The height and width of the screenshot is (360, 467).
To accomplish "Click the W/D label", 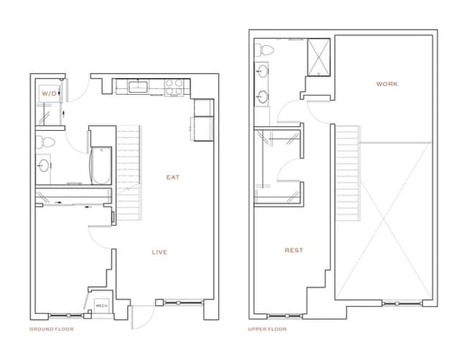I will pos(48,94).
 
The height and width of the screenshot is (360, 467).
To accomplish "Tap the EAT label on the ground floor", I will pos(173,177).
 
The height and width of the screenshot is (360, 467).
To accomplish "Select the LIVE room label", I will pos(159,253).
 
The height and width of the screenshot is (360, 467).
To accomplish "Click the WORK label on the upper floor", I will pos(387,84).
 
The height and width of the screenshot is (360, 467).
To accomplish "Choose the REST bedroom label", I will pos(294,250).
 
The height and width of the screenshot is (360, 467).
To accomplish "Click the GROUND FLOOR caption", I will pos(52,329).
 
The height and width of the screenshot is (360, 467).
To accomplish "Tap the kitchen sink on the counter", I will pos(139,87).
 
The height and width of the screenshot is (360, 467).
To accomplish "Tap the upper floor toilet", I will pos(266,52).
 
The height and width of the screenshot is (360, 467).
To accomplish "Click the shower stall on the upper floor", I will pos(319,56).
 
